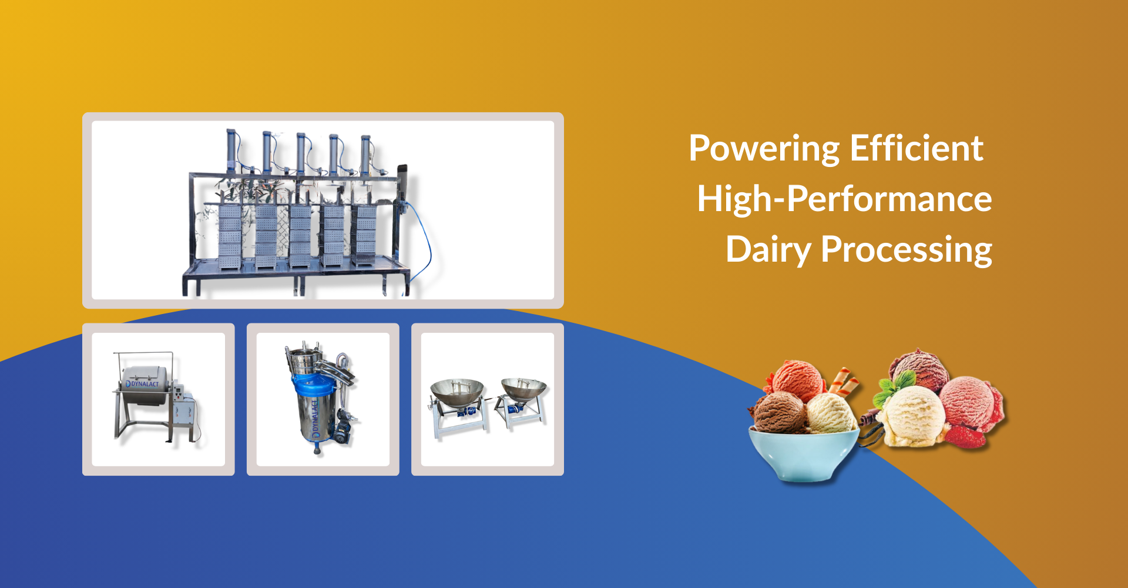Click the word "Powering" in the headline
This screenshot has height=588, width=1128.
tap(764, 149)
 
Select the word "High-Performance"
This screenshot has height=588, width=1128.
tap(844, 199)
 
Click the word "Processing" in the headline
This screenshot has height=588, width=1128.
tap(907, 250)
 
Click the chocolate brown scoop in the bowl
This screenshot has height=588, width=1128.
tap(779, 413)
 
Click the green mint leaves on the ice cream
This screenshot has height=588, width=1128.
tap(889, 388)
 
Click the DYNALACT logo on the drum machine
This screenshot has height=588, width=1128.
tap(142, 384)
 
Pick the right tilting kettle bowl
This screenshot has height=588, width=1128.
tap(523, 390)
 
